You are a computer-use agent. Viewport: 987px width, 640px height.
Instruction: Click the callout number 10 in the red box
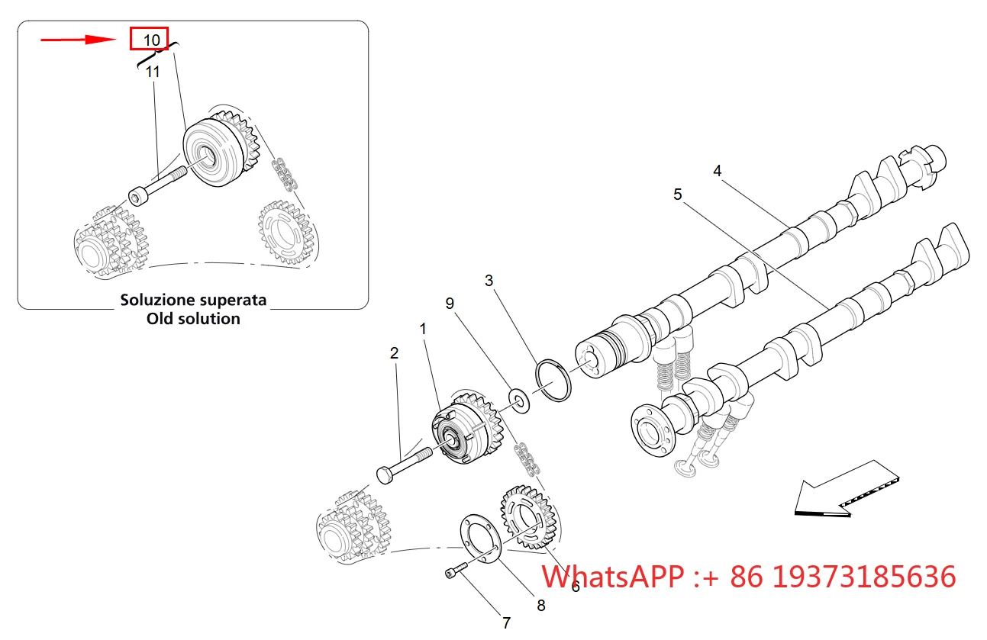click(x=152, y=40)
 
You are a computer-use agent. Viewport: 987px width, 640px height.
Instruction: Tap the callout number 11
click(x=153, y=72)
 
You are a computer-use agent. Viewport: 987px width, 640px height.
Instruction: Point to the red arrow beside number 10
click(x=79, y=40)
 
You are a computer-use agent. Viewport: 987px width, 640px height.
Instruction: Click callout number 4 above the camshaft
click(x=718, y=171)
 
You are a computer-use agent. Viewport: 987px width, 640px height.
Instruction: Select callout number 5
click(x=678, y=195)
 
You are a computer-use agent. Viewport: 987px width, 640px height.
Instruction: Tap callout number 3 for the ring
click(x=489, y=281)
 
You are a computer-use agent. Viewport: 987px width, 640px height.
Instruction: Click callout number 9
click(x=450, y=304)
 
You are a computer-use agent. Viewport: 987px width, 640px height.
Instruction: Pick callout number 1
click(x=423, y=329)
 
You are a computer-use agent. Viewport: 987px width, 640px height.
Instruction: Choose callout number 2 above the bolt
click(x=395, y=353)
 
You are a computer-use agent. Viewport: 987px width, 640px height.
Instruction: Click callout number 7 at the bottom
click(x=507, y=622)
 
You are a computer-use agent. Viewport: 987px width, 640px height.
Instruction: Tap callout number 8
click(x=541, y=606)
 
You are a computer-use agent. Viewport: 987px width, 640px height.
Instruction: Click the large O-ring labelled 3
click(x=553, y=381)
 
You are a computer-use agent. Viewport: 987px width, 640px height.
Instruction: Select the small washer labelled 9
click(x=518, y=400)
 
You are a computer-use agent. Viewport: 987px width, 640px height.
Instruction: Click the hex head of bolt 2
click(x=385, y=474)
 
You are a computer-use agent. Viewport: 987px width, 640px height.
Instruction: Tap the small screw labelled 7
click(x=456, y=571)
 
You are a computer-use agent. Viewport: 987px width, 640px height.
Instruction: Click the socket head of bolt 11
click(x=138, y=197)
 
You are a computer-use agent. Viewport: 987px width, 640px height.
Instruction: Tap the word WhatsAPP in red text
click(x=612, y=577)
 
